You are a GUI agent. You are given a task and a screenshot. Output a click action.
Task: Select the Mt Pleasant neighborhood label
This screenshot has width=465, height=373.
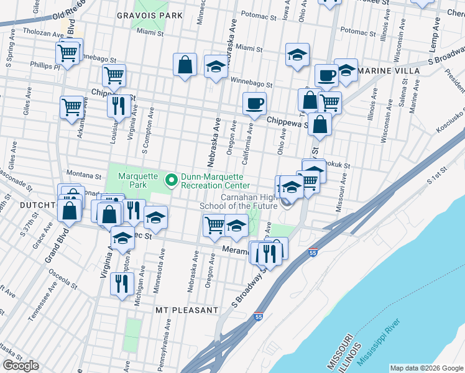tap(186, 310)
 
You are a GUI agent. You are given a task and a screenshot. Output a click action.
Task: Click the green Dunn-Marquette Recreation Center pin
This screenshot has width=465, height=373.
tap(172, 180)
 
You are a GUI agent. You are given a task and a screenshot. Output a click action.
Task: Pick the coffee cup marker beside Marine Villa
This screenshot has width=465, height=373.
tap(326, 76)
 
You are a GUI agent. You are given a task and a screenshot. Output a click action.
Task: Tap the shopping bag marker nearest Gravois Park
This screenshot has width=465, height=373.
tap(185, 64)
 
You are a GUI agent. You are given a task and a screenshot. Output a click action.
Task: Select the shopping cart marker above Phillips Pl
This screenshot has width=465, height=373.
tap(68, 53)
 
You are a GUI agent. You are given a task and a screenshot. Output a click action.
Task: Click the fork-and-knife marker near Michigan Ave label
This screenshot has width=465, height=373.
tap(121, 283)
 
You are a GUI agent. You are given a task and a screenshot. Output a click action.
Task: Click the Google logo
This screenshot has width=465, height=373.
tap(21, 366)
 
